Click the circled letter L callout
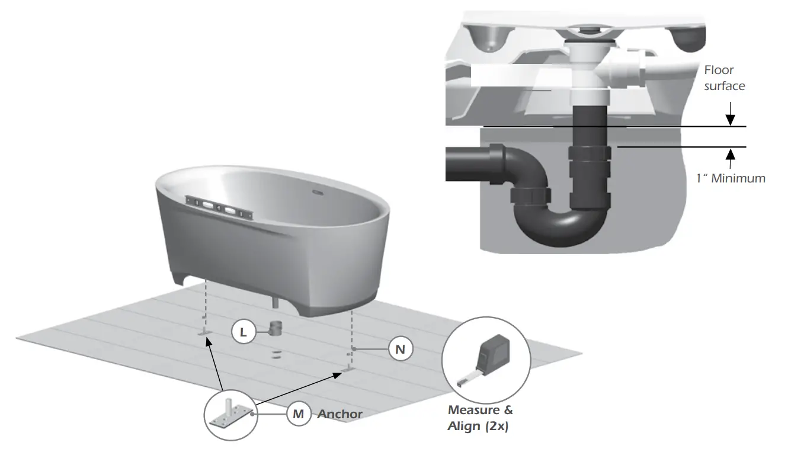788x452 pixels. (x=243, y=332)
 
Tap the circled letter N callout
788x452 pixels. (x=400, y=350)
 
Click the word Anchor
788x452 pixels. (x=339, y=414)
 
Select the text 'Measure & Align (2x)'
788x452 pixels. (x=481, y=418)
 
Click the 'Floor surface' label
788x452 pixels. (x=724, y=78)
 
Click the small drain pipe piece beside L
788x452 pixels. (x=276, y=329)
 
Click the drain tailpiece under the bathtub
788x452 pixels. (x=274, y=302)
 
